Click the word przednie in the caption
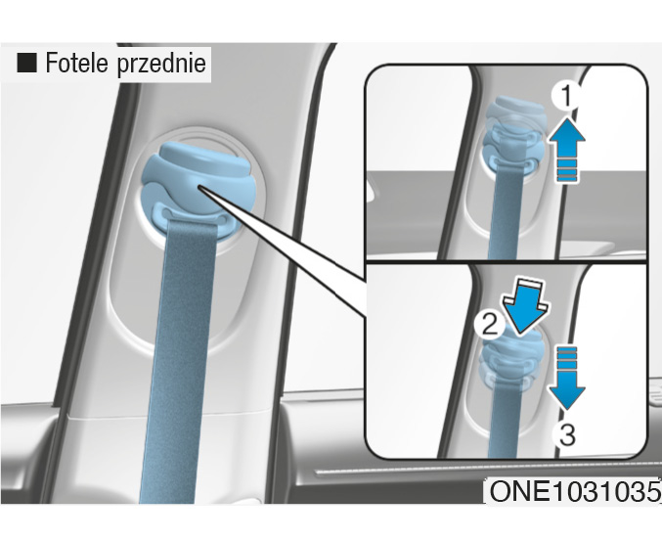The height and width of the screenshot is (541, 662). (x=161, y=65)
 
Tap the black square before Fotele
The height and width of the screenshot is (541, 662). (x=26, y=63)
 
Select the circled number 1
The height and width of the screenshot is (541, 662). (x=566, y=96)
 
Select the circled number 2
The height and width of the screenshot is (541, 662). (x=489, y=325)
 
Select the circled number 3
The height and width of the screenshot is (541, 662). (x=567, y=434)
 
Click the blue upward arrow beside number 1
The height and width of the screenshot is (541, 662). (x=566, y=150)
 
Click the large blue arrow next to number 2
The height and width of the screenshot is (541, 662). (x=524, y=306)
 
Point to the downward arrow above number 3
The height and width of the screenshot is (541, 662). (x=566, y=378)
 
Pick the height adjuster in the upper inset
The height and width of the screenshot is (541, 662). (x=513, y=135)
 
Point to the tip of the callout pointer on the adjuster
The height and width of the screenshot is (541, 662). (x=199, y=187)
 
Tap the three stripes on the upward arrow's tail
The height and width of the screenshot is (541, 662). (x=566, y=170)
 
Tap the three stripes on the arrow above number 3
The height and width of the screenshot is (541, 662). (x=566, y=358)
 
